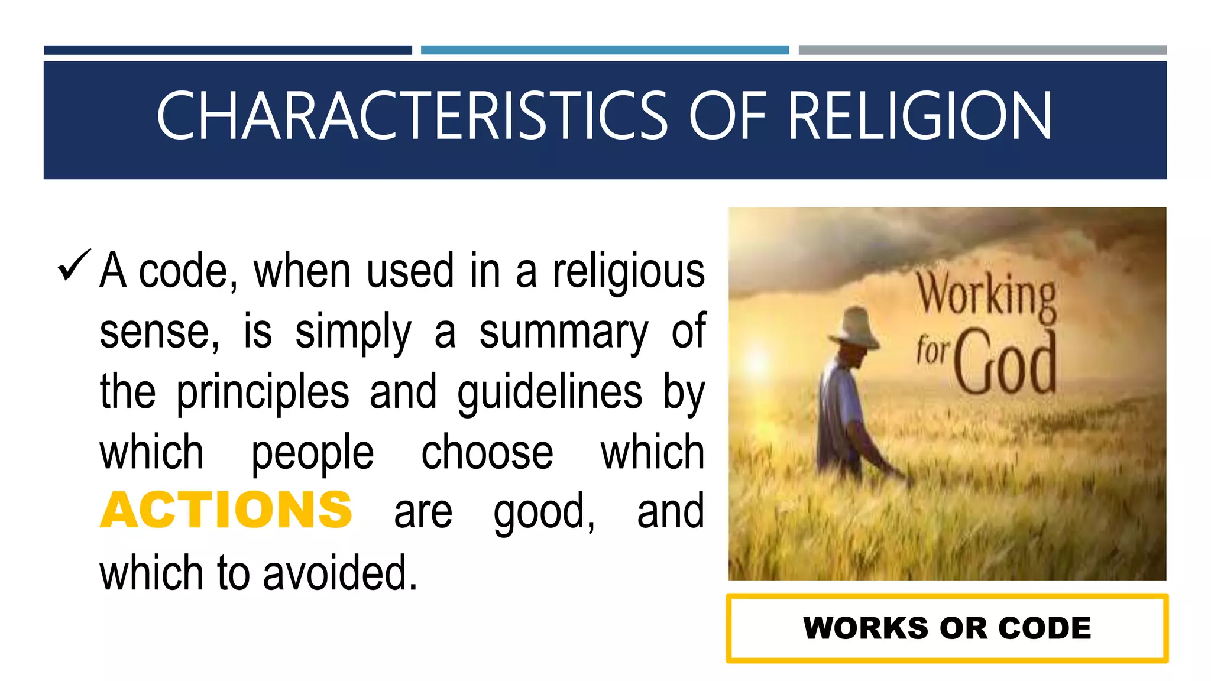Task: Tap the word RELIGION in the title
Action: tap(919, 116)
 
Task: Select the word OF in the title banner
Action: tap(727, 116)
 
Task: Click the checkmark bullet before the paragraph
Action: tap(74, 266)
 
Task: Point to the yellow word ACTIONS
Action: tap(226, 510)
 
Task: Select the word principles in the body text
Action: tap(263, 393)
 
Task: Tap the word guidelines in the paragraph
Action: tap(549, 393)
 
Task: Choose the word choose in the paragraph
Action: tap(487, 452)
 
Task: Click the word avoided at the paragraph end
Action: tap(340, 573)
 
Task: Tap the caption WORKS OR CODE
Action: tap(947, 628)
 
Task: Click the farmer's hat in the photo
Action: tap(855, 327)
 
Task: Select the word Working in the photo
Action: tap(986, 295)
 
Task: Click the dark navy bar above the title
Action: tap(228, 50)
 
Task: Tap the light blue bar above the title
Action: tap(604, 50)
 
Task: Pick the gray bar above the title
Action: tap(982, 50)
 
